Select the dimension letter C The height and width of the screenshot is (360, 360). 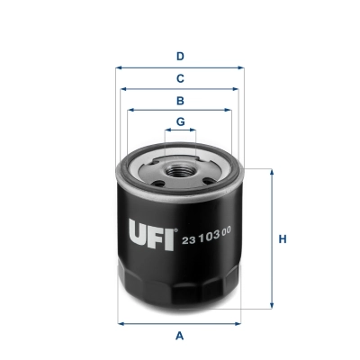click(180, 78)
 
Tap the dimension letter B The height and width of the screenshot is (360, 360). click(180, 101)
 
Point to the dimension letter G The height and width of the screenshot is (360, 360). click(180, 121)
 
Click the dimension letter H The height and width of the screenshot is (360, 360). click(282, 239)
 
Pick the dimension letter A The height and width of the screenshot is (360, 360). click(180, 336)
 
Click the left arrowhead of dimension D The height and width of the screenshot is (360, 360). click(119, 67)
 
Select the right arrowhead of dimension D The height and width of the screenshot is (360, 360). click(241, 67)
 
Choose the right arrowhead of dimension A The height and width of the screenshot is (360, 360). click(240, 321)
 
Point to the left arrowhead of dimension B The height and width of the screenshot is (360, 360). click(130, 111)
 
